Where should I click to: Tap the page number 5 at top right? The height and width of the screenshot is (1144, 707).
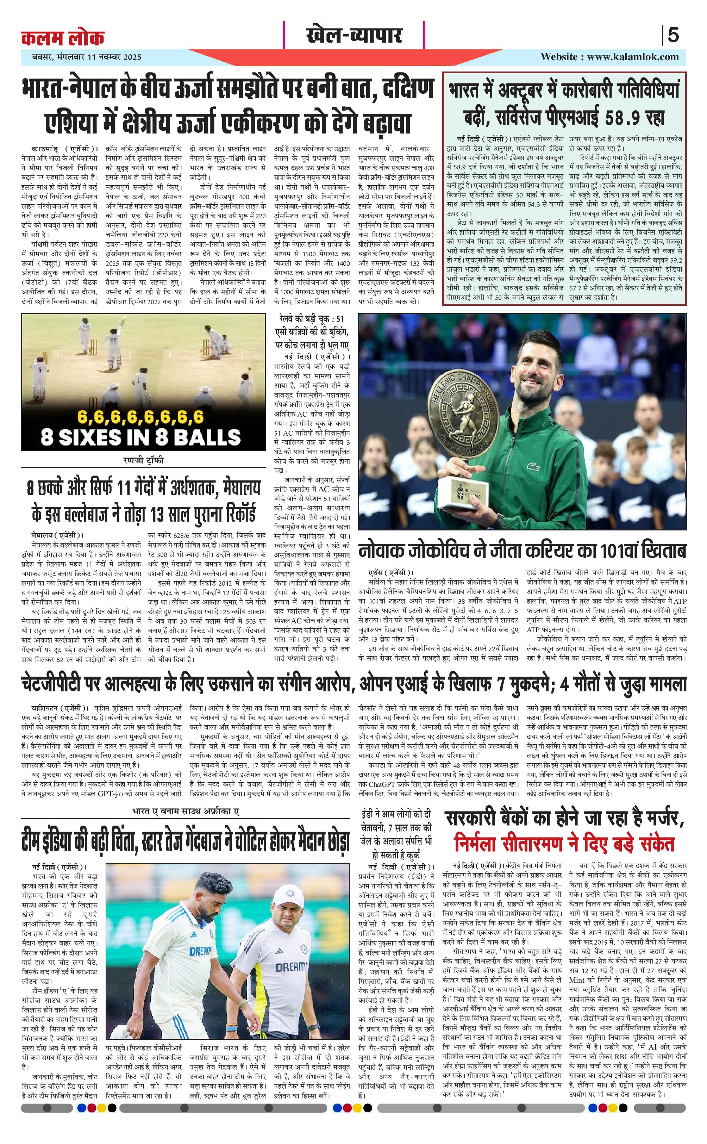tap(673, 36)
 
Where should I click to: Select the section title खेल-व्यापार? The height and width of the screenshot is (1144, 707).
tap(354, 35)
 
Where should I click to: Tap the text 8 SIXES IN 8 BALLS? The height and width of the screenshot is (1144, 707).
tap(140, 436)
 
